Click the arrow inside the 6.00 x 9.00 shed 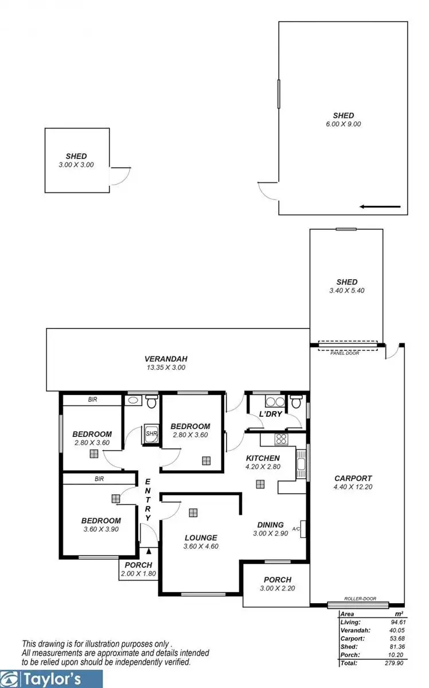380,206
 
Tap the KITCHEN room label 263,458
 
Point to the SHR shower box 151,434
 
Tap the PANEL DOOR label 345,353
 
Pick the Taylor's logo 52,679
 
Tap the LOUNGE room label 201,538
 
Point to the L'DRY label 270,414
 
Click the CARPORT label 353,478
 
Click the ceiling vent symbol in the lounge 194,513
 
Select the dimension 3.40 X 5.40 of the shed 347,290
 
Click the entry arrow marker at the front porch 149,551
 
